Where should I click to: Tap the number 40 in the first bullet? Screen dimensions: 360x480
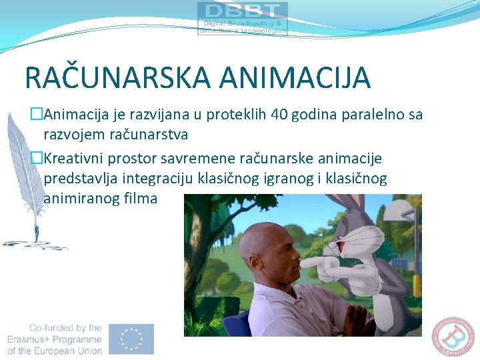click(x=280, y=115)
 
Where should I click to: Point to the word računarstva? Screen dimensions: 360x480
click(x=149, y=134)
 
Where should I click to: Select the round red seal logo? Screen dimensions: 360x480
click(x=457, y=336)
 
